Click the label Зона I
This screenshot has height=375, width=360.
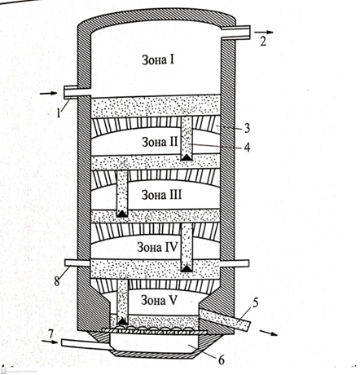tap(158, 60)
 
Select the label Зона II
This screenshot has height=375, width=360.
tap(160, 142)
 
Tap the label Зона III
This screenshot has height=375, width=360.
tap(161, 195)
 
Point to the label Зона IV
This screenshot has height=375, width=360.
tap(157, 247)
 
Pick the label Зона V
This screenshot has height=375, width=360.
tap(159, 300)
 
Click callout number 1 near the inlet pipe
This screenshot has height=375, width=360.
tap(59, 112)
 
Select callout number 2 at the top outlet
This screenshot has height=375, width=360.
tap(263, 42)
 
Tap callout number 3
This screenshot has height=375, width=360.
tap(247, 128)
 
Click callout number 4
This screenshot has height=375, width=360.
tap(247, 148)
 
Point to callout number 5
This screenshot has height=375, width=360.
tap(255, 303)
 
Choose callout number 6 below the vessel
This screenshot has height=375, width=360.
tap(222, 360)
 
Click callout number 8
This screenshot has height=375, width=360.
tap(57, 280)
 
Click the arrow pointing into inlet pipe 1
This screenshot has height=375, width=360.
tap(48, 94)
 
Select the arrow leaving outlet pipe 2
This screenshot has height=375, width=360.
tap(264, 32)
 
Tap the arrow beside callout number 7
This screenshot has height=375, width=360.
tap(50, 342)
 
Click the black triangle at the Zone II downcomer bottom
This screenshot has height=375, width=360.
tap(187, 157)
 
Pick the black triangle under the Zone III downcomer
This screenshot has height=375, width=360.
tap(122, 214)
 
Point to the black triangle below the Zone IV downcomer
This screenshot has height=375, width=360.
tap(187, 269)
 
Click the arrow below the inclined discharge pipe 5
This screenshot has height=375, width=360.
tap(269, 333)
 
